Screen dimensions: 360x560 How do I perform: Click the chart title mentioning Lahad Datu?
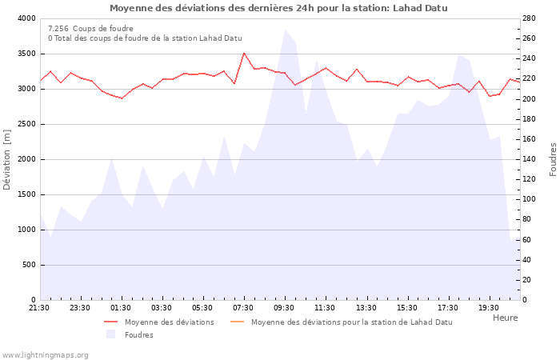tap(278, 8)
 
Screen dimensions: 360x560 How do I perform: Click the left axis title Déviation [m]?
tap(8, 159)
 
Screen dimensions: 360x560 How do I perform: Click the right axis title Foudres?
tap(553, 159)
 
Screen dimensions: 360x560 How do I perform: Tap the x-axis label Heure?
tap(505, 318)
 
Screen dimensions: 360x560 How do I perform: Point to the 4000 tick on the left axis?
tap(26, 18)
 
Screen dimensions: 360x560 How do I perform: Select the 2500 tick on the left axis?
tap(26, 124)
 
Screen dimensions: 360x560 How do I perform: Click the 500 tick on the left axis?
tap(29, 265)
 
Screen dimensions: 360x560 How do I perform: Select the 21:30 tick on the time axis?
tap(39, 308)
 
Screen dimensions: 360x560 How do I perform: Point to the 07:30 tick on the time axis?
tap(244, 308)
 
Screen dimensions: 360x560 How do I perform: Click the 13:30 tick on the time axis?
tap(366, 308)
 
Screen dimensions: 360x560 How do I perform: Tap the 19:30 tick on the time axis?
tap(489, 308)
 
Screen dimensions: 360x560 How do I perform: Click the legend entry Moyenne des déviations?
tap(169, 322)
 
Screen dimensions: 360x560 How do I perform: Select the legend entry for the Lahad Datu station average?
tap(351, 322)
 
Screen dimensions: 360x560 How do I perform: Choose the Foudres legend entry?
tap(138, 335)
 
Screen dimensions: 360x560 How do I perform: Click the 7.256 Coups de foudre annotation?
tap(90, 28)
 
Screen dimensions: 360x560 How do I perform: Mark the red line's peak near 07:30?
tap(244, 54)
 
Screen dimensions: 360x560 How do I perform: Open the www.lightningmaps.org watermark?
tap(45, 354)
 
